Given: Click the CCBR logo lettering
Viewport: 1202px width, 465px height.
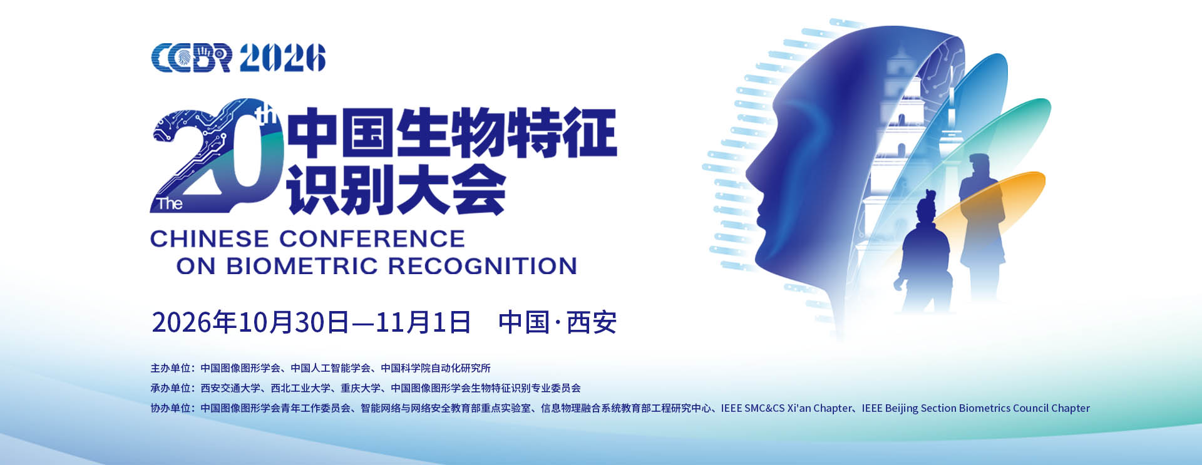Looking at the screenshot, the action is tap(192, 58).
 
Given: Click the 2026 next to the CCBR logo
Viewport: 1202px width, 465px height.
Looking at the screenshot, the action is tap(283, 58).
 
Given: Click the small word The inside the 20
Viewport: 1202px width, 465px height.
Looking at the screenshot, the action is tap(170, 203).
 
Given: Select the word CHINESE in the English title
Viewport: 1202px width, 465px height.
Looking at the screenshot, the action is tap(210, 238).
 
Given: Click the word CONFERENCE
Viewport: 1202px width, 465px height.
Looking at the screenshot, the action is tap(372, 238).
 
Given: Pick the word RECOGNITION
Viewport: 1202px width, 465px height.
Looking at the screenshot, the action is tap(483, 266).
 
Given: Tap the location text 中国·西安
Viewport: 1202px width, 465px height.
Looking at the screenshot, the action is tap(557, 322).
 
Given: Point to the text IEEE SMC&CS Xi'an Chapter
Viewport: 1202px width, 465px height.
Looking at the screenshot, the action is tap(786, 408).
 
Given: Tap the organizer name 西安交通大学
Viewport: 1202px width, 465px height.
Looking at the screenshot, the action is tap(230, 388).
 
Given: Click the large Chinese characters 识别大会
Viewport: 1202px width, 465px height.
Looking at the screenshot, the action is tap(396, 190).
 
